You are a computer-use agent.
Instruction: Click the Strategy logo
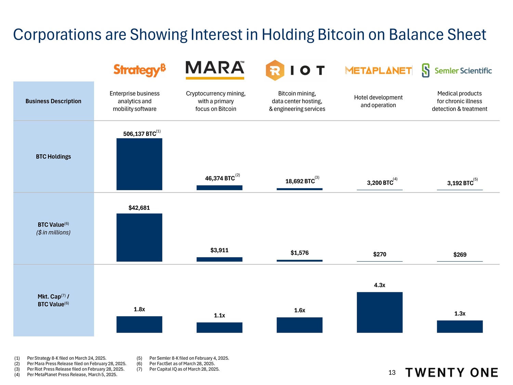click(140, 70)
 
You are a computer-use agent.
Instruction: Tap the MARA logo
click(215, 69)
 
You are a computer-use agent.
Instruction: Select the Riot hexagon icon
click(275, 70)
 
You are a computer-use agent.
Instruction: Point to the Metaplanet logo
click(378, 70)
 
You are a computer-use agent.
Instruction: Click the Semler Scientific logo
click(457, 70)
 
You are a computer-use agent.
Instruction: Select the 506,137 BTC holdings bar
click(139, 164)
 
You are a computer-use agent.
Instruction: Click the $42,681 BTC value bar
click(139, 237)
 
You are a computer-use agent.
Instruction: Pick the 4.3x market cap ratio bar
click(380, 312)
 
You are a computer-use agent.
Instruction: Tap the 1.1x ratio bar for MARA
click(219, 328)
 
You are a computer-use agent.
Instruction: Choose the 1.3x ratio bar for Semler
click(460, 326)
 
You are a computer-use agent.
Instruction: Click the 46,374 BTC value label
click(220, 178)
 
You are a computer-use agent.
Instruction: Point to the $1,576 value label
click(300, 253)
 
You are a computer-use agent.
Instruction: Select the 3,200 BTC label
click(380, 183)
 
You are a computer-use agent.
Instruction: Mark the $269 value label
click(460, 255)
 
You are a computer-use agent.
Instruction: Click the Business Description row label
click(53, 101)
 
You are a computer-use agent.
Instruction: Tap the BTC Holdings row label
click(53, 156)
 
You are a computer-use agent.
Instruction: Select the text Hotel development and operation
click(378, 101)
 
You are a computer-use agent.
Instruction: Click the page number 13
click(392, 373)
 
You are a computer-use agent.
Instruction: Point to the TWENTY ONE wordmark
click(451, 373)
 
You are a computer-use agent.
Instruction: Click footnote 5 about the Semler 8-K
click(189, 358)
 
